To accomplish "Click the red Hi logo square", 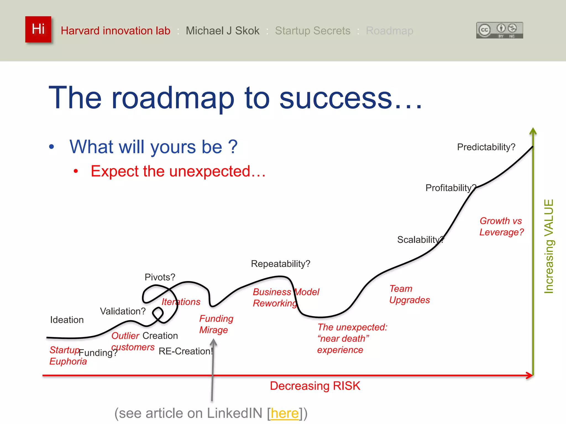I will point(38,29).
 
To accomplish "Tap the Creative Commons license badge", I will point(499,30).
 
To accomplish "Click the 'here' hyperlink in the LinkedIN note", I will point(284,413).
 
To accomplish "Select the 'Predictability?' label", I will point(486,147).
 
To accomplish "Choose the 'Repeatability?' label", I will point(280,264).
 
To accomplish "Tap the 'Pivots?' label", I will point(160,277).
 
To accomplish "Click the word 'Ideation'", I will point(67,320).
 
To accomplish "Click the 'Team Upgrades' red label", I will point(409,295).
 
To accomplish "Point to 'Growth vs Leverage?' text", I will point(501,227).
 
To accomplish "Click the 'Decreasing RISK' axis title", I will point(315,386).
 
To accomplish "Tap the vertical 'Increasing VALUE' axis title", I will point(549,246).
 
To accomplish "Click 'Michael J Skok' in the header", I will point(222,31).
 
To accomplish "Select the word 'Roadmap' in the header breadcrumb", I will point(389,31).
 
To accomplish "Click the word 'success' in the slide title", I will point(336,98).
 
